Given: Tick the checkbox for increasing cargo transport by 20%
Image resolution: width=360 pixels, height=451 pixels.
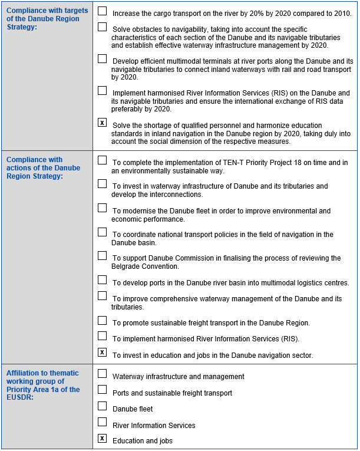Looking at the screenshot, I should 103,11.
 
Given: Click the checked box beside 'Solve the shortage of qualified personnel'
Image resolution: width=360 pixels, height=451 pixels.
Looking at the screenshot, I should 103,123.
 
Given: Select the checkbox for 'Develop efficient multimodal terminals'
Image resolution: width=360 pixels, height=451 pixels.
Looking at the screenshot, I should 103,59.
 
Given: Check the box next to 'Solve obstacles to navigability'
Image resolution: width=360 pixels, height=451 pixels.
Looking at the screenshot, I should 103,27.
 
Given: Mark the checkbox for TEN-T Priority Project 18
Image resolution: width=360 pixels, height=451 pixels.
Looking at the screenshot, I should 103,160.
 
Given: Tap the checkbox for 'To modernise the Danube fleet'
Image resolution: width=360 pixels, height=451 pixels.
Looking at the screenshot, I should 103,209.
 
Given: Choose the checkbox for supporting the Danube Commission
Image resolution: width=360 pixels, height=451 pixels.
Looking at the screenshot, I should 103,256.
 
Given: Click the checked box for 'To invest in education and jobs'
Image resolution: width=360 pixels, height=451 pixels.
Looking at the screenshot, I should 103,353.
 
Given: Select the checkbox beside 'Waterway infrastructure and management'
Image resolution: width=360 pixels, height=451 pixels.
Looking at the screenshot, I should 103,374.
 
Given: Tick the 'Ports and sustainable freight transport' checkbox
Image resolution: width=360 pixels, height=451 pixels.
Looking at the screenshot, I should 103,390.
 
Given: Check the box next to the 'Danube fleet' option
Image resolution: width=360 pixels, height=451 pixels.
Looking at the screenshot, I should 103,407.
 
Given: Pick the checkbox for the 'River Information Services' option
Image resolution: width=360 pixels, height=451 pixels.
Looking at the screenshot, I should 103,423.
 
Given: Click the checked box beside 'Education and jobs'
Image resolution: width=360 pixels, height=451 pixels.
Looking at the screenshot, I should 103,439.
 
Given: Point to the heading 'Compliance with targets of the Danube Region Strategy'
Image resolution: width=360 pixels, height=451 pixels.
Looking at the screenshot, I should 47,19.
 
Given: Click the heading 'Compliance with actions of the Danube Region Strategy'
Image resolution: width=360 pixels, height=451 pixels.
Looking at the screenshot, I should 43,168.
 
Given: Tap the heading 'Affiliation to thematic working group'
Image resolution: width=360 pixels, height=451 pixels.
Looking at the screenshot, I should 43,385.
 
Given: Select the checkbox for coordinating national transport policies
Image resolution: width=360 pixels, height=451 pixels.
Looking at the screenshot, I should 103,232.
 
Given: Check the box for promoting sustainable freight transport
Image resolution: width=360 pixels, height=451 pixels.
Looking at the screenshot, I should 103,321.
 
